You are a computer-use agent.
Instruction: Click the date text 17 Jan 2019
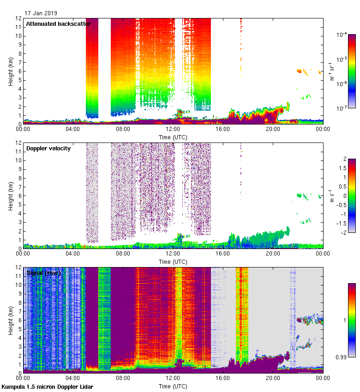tap(41, 13)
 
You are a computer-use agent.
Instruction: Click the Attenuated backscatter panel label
tap(58, 24)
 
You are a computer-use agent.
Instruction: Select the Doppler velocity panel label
tap(48, 148)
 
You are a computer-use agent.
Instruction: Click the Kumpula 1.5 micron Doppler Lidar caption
tap(48, 386)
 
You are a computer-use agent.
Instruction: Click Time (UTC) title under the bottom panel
tap(173, 385)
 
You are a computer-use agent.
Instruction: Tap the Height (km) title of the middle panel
tap(10, 196)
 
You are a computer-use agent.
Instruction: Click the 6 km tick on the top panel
tap(19, 71)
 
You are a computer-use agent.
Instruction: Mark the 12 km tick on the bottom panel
tap(18, 267)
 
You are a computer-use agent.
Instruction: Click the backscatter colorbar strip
tap(352, 71)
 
